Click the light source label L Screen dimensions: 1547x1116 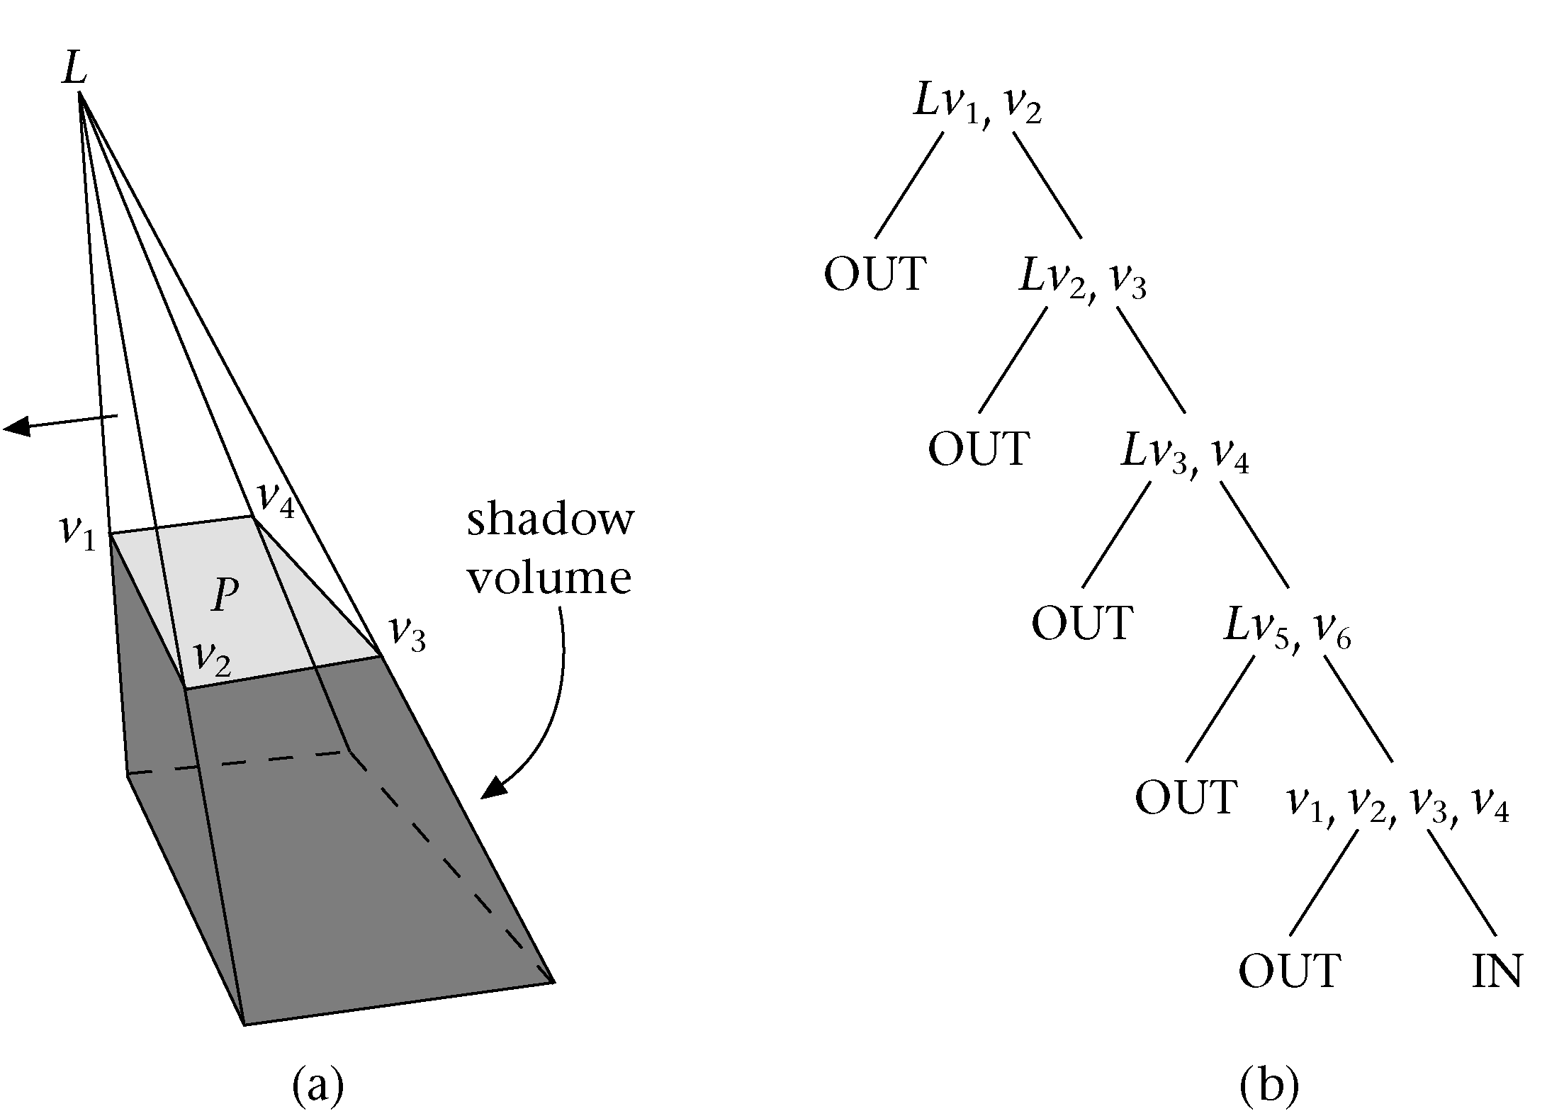click(x=74, y=69)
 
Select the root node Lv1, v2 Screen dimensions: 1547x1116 click(x=977, y=106)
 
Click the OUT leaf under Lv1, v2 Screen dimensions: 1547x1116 click(x=875, y=274)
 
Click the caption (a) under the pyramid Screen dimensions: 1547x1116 click(x=318, y=1086)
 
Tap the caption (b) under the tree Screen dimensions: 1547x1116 click(x=1270, y=1086)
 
